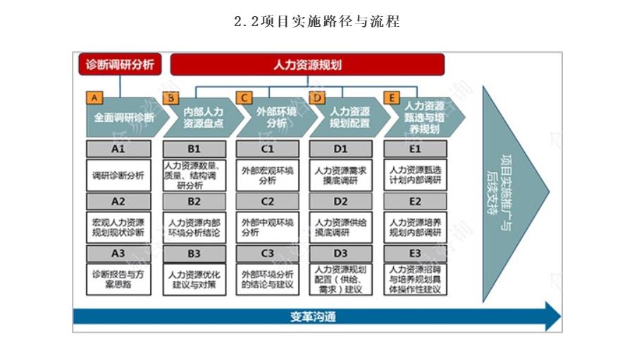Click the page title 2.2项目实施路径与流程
coord(316,22)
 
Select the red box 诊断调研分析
coord(119,65)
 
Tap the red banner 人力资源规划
coord(307,65)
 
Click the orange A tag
coord(94,98)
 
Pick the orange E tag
coord(391,98)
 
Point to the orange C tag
coord(244,98)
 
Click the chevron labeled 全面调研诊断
coord(122,117)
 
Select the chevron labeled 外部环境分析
coord(271,117)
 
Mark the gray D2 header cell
coord(341,201)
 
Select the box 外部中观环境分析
coord(268,228)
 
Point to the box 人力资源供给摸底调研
coord(341,228)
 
